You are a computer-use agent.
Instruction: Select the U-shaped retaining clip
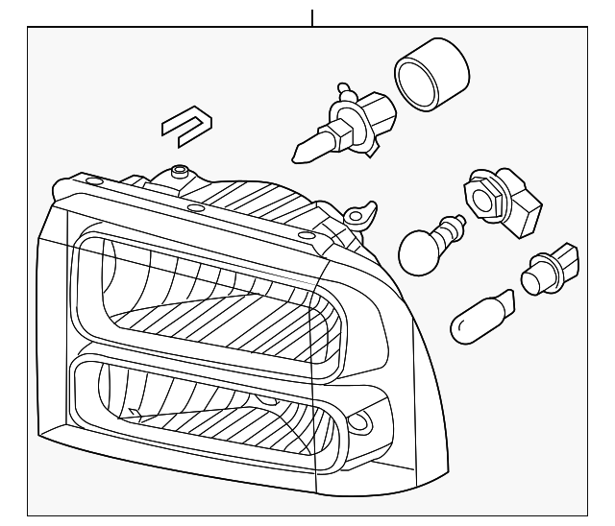pos(186,127)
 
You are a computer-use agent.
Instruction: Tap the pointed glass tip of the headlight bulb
pos(307,150)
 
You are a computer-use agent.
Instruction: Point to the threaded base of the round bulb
pos(452,227)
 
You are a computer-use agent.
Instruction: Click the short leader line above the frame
pos(312,17)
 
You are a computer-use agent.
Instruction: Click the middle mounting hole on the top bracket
pos(195,207)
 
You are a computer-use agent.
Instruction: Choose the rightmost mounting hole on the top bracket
pos(307,235)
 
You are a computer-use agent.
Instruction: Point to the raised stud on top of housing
pos(177,173)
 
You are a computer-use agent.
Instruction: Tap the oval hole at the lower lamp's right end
pos(361,420)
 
